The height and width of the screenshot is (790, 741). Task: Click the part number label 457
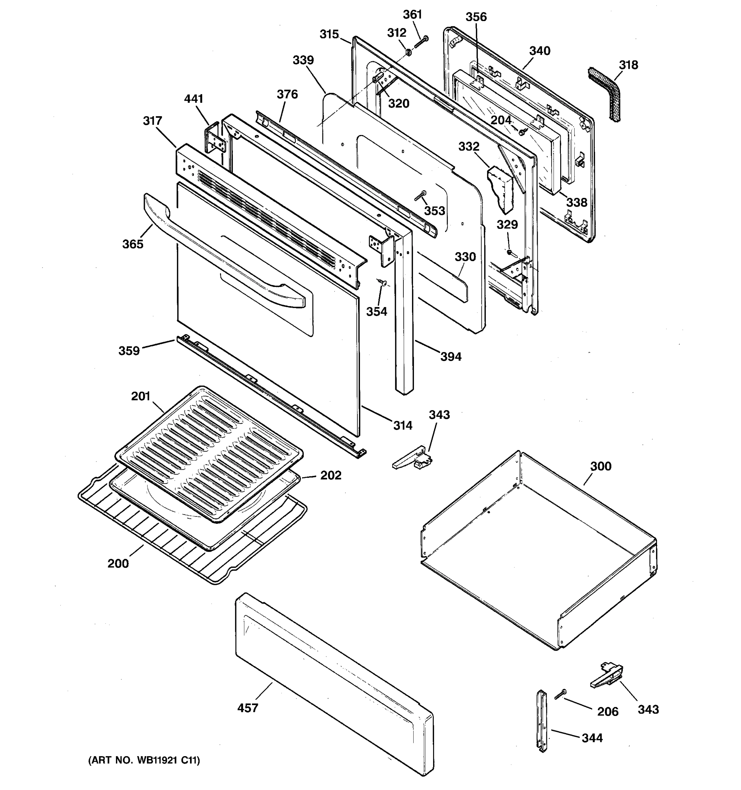[248, 708]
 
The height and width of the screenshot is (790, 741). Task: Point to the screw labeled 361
[421, 42]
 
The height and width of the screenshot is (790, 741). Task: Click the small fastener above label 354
[383, 282]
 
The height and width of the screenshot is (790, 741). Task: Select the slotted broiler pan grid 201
[209, 453]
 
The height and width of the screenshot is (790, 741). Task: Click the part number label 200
[118, 564]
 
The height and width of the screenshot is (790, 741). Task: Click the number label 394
[451, 356]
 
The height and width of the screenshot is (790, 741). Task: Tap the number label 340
[540, 51]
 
